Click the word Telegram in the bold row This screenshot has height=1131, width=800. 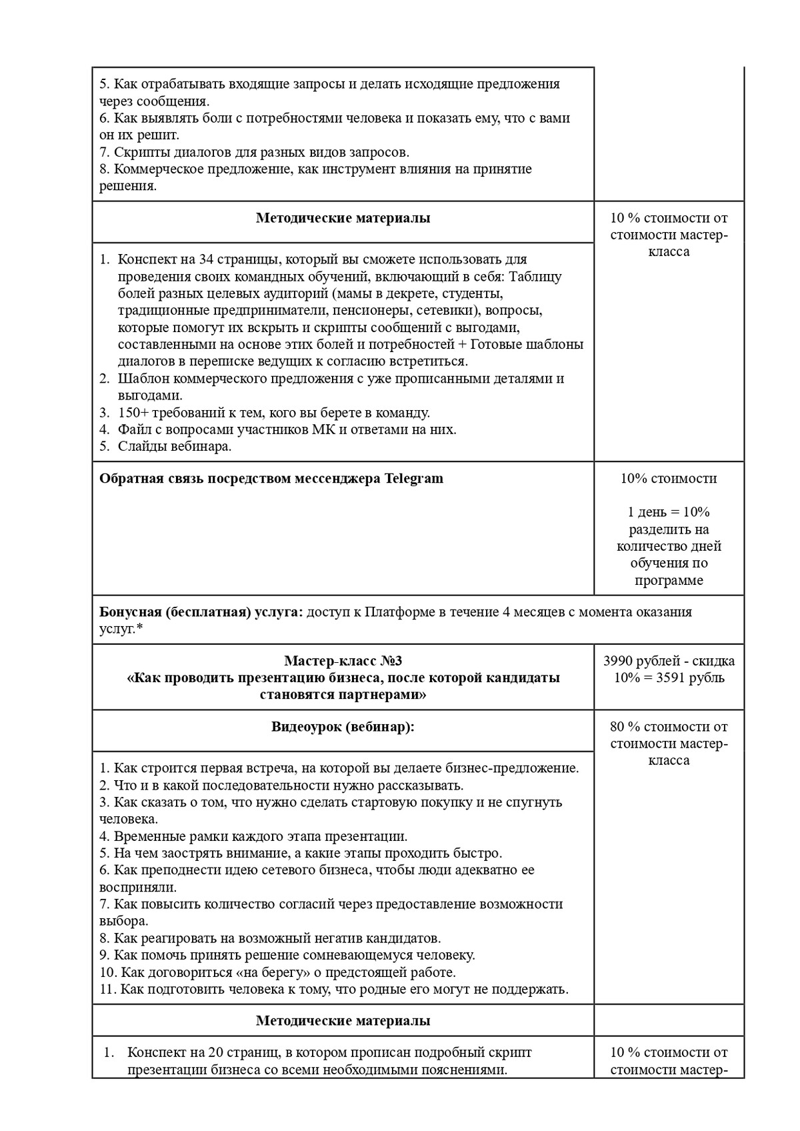(x=413, y=479)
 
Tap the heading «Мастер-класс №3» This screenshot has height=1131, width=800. (x=343, y=661)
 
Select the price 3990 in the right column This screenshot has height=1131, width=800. (x=619, y=661)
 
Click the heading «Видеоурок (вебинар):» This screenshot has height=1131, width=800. (x=343, y=726)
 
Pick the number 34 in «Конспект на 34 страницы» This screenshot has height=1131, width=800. (x=206, y=259)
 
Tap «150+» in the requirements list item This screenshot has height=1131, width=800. (x=133, y=413)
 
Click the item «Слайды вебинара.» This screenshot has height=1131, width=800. (x=175, y=447)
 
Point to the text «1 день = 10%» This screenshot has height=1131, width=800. (x=669, y=512)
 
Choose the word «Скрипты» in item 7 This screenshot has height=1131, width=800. (x=139, y=152)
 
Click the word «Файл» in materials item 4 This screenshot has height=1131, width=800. (x=133, y=429)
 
